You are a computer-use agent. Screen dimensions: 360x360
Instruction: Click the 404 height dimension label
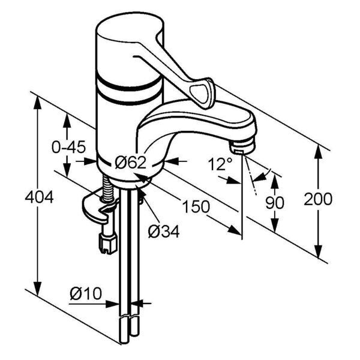39,197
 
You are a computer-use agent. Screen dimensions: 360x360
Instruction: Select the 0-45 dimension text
68,147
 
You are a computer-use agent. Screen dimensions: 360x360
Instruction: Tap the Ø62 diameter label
130,163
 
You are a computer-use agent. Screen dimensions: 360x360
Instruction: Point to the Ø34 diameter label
163,231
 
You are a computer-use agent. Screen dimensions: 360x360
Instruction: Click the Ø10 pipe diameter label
86,293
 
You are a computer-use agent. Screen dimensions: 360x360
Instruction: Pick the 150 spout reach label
196,206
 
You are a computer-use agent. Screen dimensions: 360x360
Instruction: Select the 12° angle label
220,164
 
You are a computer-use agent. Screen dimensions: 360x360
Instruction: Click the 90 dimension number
275,203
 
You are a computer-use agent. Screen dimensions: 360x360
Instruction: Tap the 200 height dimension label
318,199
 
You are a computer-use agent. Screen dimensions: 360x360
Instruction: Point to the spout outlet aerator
243,146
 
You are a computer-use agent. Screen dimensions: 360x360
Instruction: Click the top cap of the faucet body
130,27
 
